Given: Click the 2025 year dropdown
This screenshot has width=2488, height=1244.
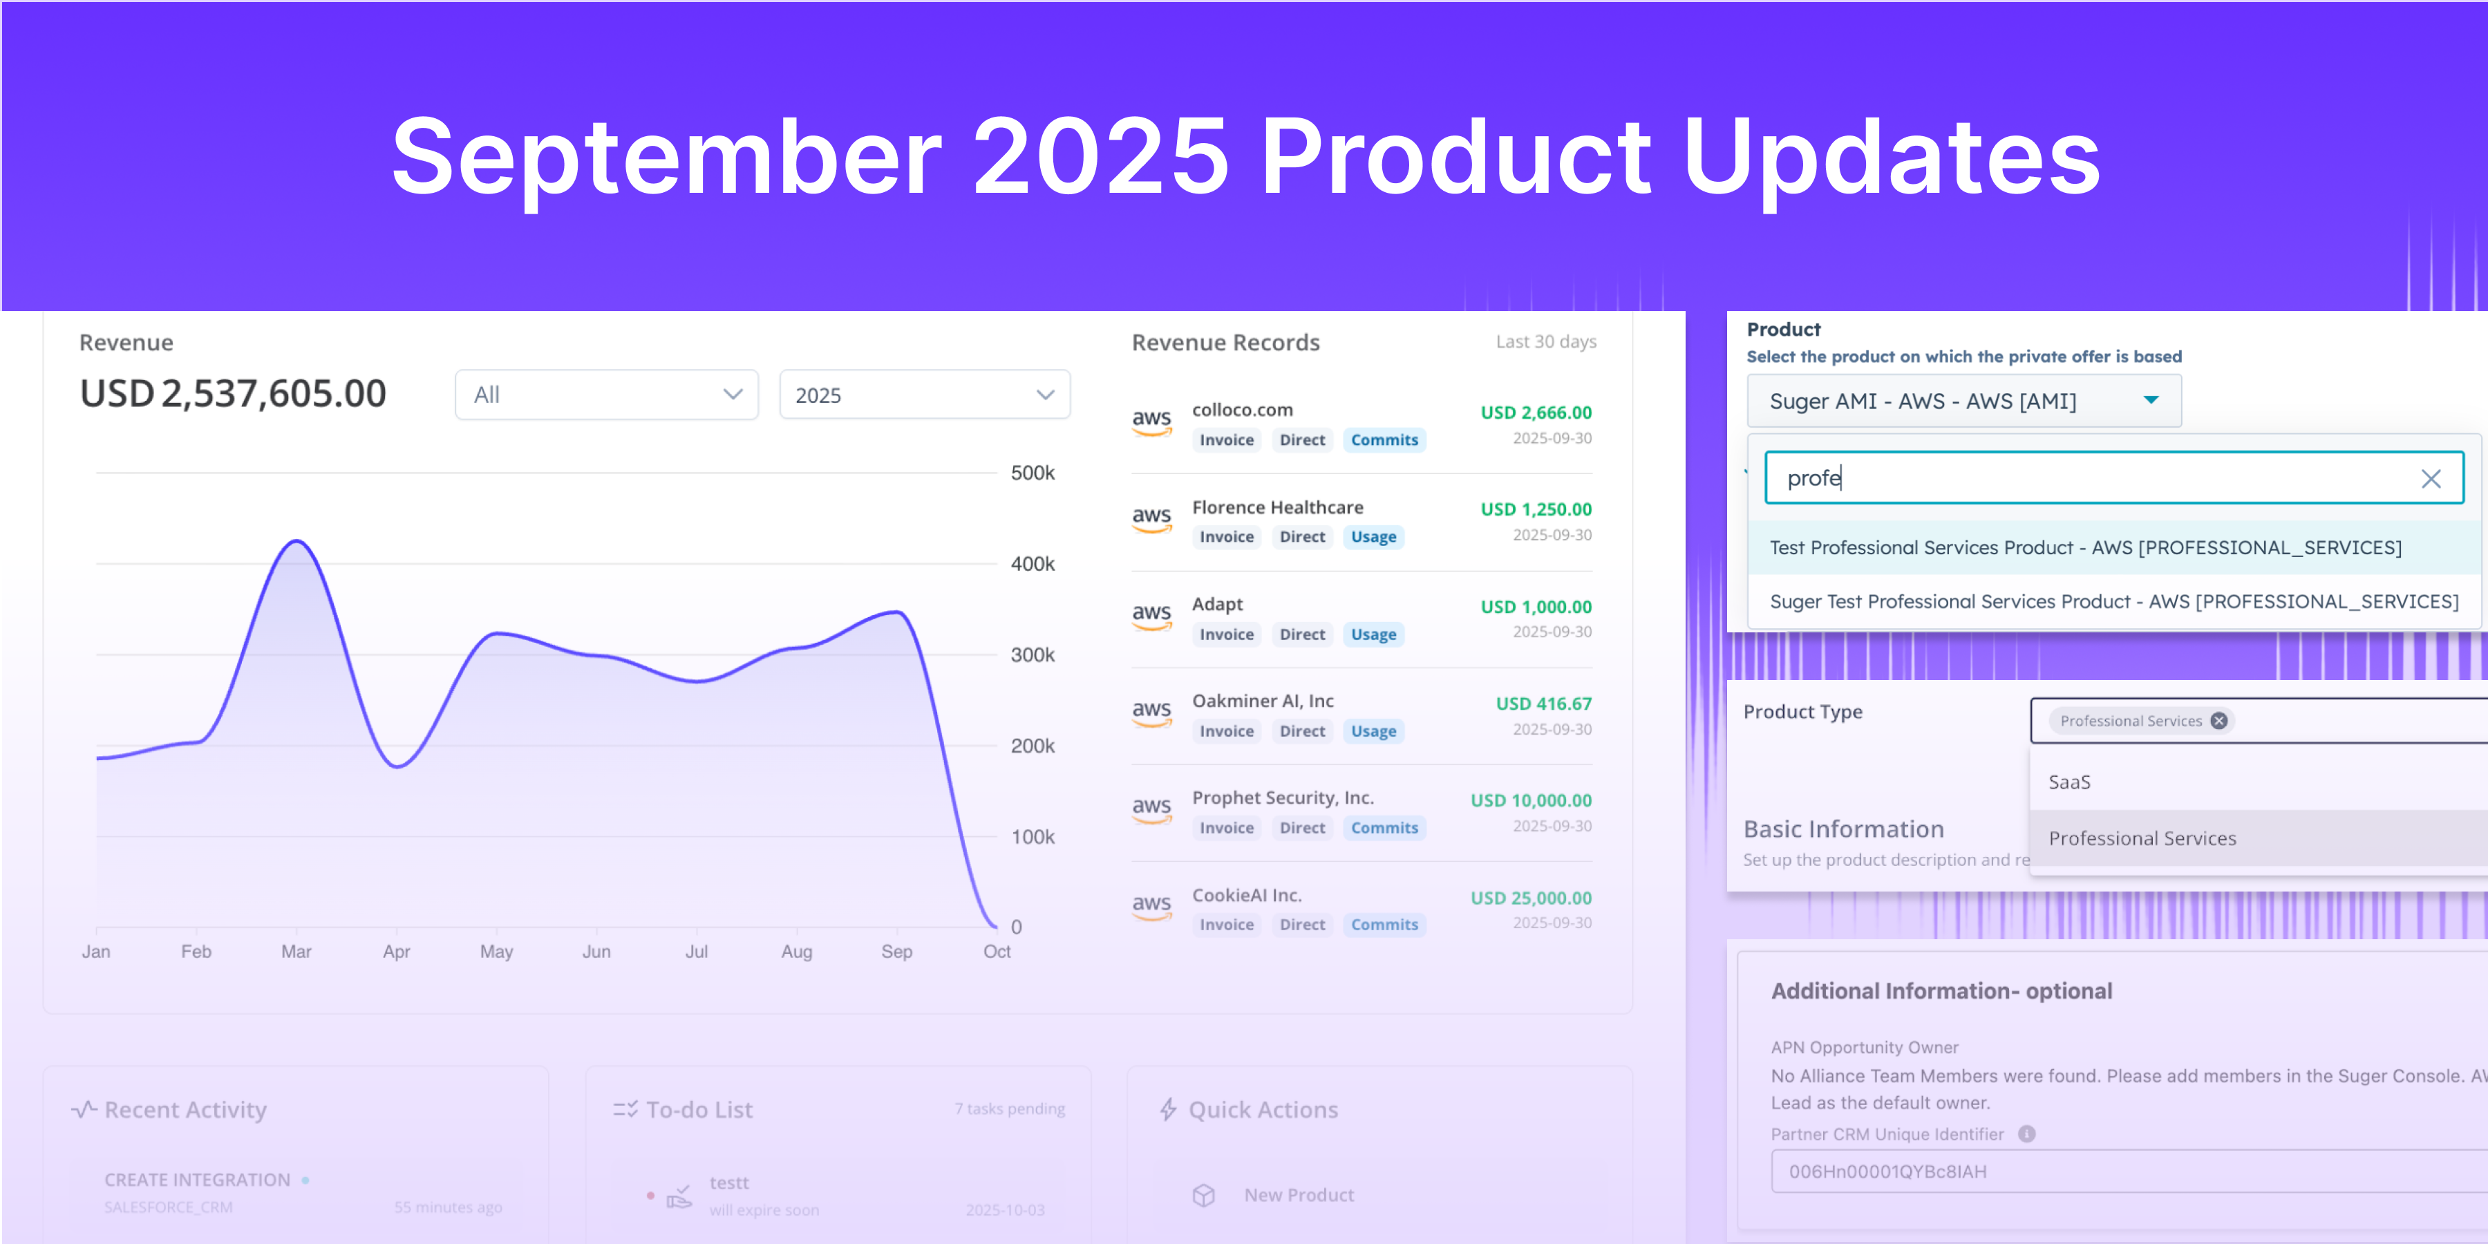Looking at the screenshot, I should [x=923, y=395].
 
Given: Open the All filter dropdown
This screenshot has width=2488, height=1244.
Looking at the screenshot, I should [x=607, y=395].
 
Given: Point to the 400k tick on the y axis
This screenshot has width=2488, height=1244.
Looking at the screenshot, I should [x=1032, y=564].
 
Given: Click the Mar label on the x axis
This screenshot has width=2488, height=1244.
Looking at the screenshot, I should [x=296, y=952].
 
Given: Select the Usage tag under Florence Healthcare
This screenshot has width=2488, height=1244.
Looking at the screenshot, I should [x=1373, y=537].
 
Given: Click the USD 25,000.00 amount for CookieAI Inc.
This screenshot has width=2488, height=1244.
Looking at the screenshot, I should [x=1530, y=897].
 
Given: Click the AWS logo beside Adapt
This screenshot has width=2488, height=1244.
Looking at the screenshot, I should [x=1151, y=615].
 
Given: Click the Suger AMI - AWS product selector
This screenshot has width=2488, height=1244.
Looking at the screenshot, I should [x=1963, y=401].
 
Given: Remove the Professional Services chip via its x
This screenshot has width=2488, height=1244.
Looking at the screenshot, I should [x=2218, y=722].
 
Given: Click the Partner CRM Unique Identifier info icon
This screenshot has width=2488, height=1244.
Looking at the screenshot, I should [x=2026, y=1134].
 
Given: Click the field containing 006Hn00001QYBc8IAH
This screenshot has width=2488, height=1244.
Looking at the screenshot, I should [x=2125, y=1171].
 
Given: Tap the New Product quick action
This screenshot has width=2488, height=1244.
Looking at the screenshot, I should [x=1297, y=1195].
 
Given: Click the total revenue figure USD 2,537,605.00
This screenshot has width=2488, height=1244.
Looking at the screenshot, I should [x=233, y=394].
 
